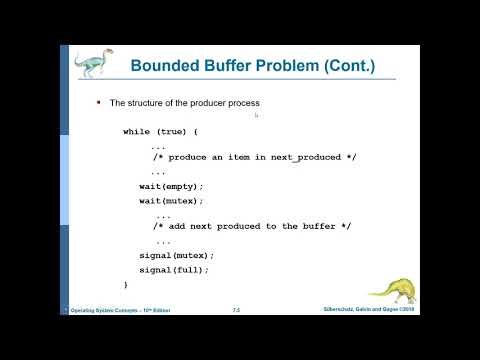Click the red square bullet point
pyautogui.click(x=98, y=102)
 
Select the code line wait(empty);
pyautogui.click(x=171, y=186)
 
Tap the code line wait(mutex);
pyautogui.click(x=171, y=200)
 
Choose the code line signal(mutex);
pyautogui.click(x=176, y=255)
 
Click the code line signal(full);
pyautogui.click(x=174, y=269)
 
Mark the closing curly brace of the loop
pyautogui.click(x=125, y=284)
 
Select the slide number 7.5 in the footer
pyautogui.click(x=236, y=311)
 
